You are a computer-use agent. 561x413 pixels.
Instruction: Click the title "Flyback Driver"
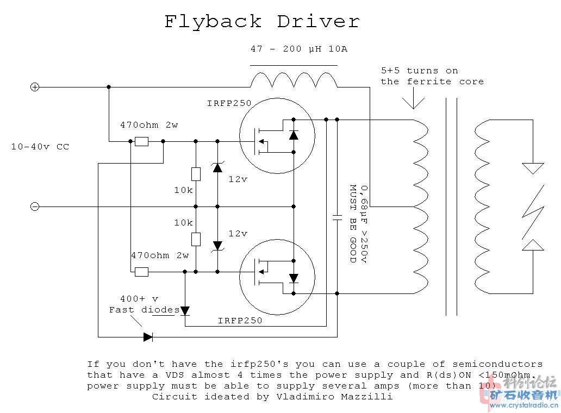(x=261, y=22)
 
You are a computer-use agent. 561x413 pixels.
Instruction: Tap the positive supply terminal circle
(x=34, y=87)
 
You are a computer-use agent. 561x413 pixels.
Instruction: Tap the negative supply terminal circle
(x=34, y=206)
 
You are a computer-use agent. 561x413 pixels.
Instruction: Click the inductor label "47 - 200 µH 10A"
(x=299, y=49)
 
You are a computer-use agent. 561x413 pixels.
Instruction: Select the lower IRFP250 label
(x=240, y=321)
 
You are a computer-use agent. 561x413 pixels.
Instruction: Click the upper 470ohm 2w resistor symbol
(x=141, y=141)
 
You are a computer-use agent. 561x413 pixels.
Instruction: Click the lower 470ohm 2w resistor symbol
(x=141, y=272)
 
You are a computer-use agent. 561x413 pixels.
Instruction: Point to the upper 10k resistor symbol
(x=196, y=174)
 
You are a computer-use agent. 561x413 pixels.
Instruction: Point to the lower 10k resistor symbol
(x=196, y=239)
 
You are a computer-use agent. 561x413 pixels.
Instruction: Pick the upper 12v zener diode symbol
(x=217, y=167)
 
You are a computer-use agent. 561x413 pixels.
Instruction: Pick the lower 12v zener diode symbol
(x=217, y=246)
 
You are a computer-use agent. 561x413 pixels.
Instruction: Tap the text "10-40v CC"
(x=40, y=147)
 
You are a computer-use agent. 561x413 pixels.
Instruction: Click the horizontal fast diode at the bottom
(x=148, y=337)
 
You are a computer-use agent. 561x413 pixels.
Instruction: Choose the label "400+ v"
(x=139, y=299)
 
